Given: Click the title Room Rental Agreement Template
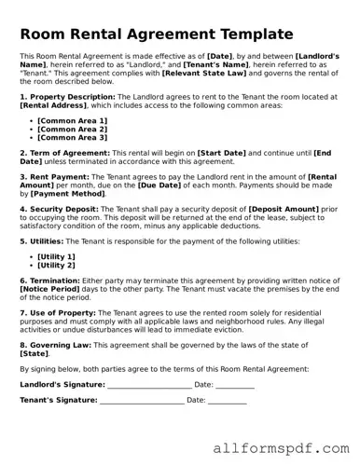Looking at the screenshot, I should click(x=156, y=34).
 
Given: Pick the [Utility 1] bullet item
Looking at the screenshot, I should click(x=57, y=255).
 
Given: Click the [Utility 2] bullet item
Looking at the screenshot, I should click(x=57, y=265).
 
